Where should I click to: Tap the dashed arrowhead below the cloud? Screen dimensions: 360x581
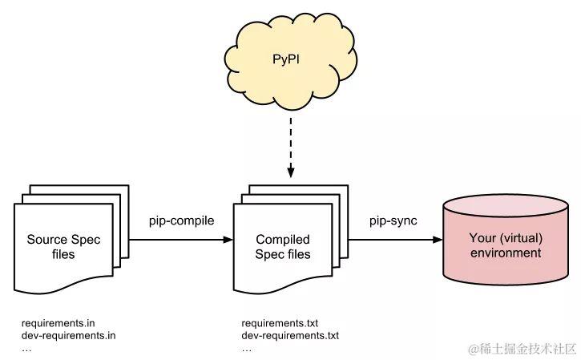click(x=290, y=172)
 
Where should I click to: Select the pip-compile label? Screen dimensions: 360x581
click(x=182, y=220)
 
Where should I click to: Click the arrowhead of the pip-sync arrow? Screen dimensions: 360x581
click(x=441, y=240)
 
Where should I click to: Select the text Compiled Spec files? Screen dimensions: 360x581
click(x=283, y=247)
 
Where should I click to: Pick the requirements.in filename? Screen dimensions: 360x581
click(x=59, y=324)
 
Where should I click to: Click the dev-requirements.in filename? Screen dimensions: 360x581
click(x=69, y=336)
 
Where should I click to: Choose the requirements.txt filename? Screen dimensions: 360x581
click(x=280, y=324)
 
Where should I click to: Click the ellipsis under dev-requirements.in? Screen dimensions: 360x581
click(x=26, y=348)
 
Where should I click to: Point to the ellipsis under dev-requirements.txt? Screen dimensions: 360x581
click(x=246, y=348)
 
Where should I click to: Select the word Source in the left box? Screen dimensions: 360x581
click(x=46, y=240)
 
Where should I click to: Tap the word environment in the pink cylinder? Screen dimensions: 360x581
click(x=505, y=253)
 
